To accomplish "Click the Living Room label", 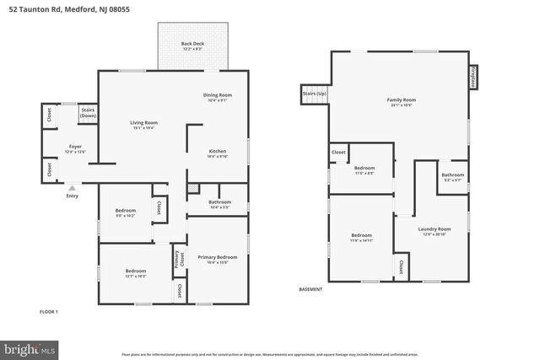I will tap(143, 125).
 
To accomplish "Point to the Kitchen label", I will tap(218, 153).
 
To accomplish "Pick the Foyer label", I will tap(75, 148).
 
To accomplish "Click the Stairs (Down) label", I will tap(88, 112).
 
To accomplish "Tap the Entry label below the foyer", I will tap(73, 196).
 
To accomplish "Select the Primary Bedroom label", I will tap(217, 259).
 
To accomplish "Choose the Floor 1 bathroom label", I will tap(219, 203).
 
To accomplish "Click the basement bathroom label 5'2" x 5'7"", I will tap(452, 177).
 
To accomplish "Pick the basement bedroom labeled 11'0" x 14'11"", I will tap(360, 237).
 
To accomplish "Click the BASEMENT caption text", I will tap(311, 289).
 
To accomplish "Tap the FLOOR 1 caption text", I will tap(49, 312).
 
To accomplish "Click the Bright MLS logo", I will tap(29, 347).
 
